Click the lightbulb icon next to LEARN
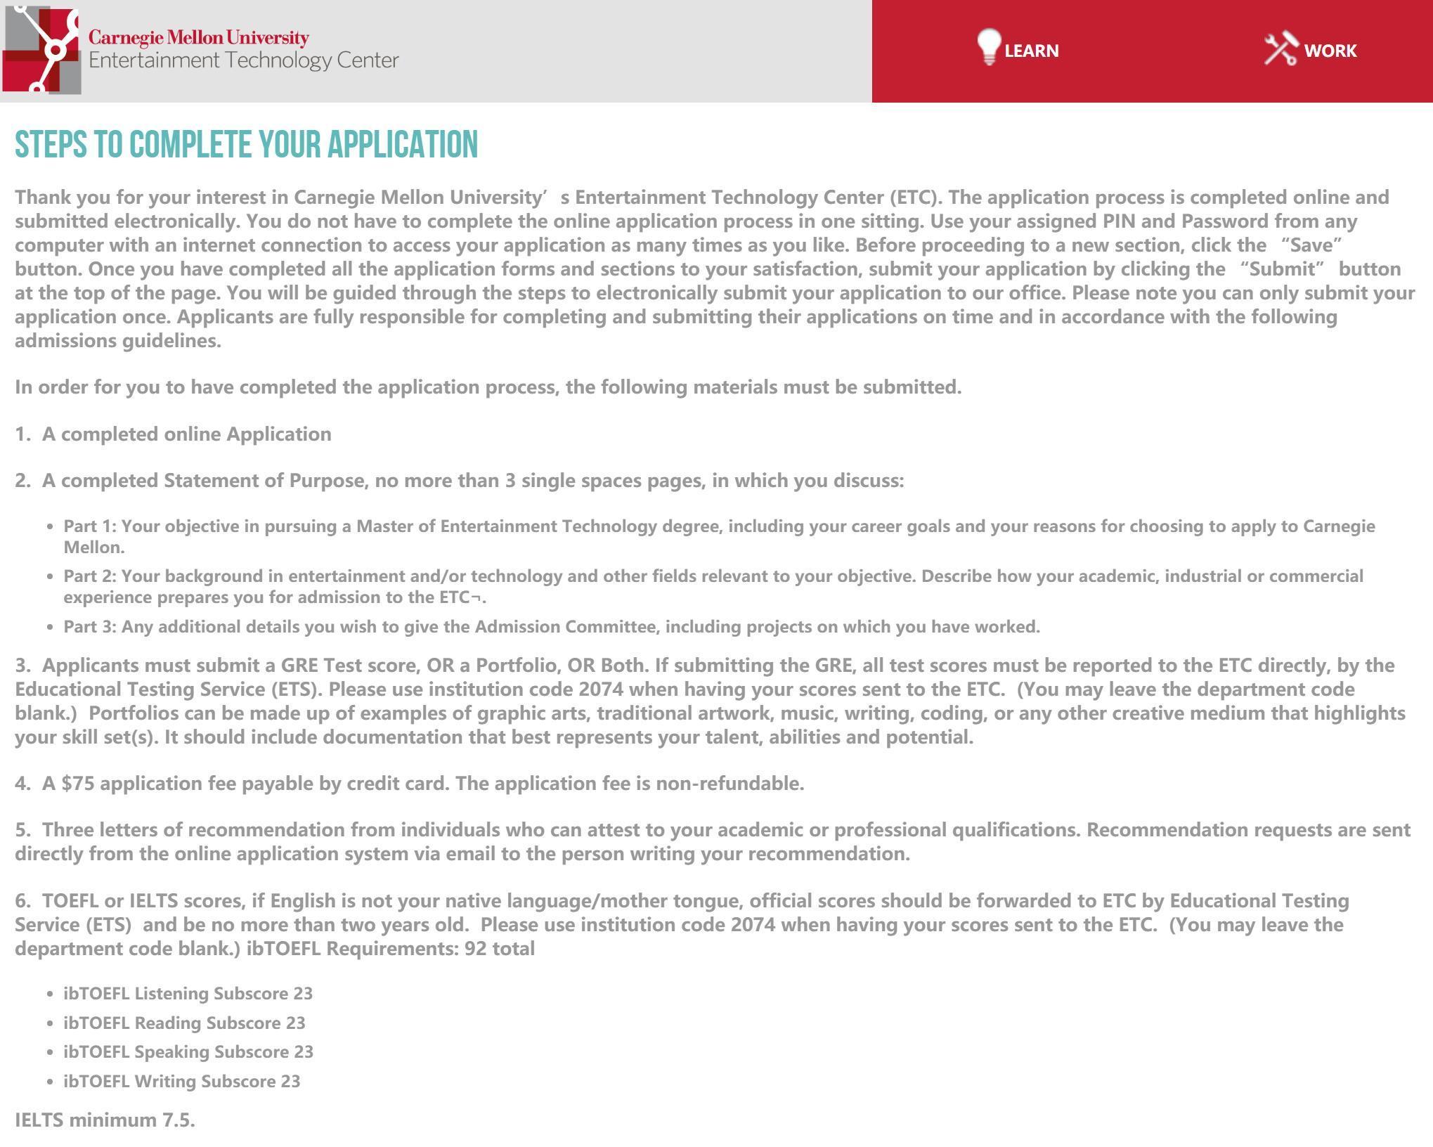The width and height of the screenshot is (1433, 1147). coord(988,47)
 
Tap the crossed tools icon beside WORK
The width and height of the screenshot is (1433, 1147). coord(1280,49)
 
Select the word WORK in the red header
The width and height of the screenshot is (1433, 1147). coord(1330,51)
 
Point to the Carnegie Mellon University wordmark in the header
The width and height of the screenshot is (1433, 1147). coord(198,37)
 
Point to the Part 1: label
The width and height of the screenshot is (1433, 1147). coord(90,526)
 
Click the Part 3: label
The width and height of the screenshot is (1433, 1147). coord(90,627)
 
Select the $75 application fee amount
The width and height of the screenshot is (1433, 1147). coord(78,784)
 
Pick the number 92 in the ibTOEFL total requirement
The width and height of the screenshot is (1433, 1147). coord(475,949)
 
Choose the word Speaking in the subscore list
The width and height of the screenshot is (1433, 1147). coord(171,1052)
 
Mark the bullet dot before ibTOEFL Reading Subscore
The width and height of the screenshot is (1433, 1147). coord(50,1024)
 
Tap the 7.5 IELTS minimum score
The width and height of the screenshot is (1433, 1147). coord(179,1120)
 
